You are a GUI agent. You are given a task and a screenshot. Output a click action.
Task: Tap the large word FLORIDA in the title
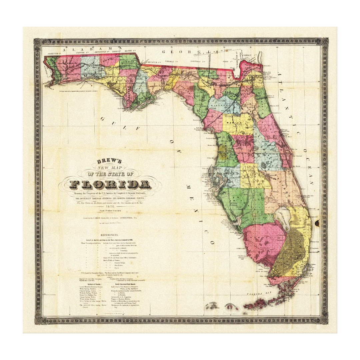(x=110, y=184)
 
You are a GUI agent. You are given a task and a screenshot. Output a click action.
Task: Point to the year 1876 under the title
(x=110, y=207)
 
